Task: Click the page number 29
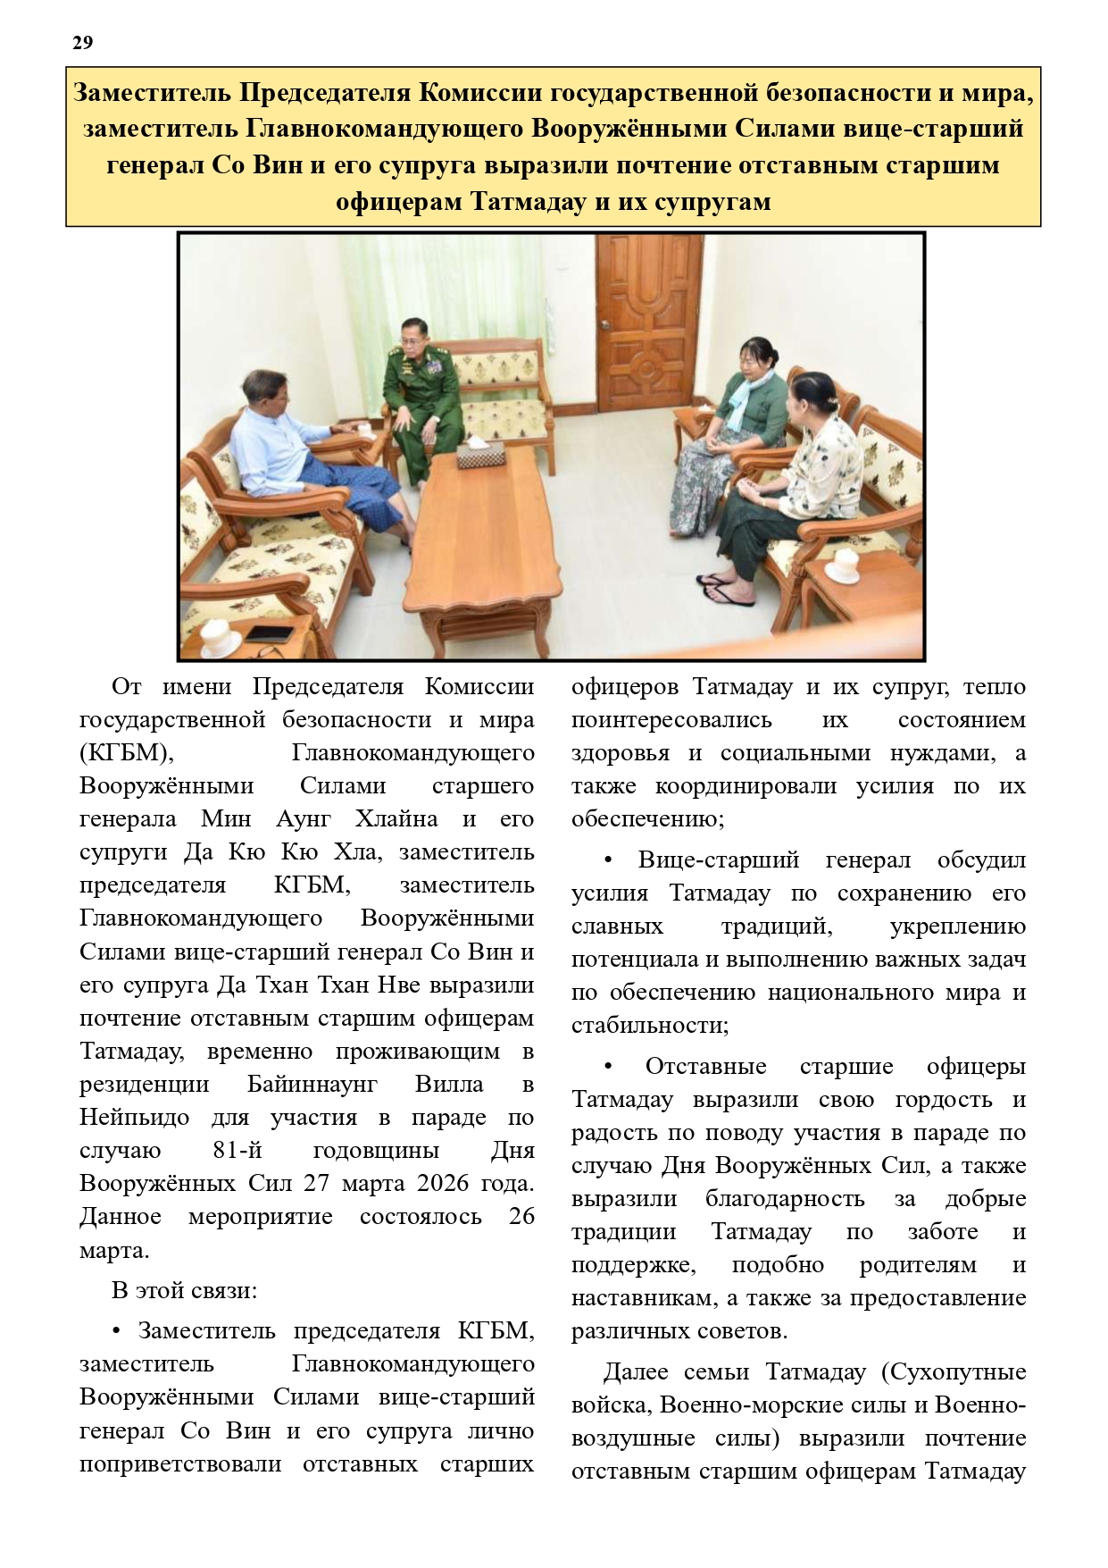pos(82,43)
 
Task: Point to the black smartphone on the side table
pos(269,633)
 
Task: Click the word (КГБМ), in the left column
pos(126,753)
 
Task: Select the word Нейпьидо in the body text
pos(134,1117)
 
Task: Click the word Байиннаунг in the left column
pos(312,1084)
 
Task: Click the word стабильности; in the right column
pos(650,1026)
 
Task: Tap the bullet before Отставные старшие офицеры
pos(609,1067)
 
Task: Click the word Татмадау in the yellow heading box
pos(527,202)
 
